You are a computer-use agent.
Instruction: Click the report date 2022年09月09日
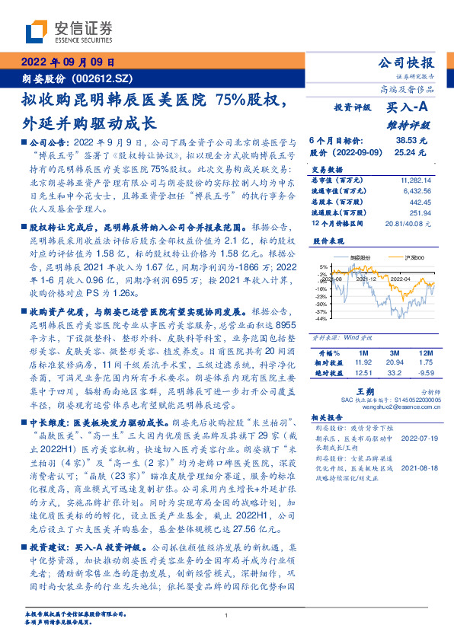click(66, 62)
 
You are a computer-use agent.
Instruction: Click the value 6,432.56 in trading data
click(413, 190)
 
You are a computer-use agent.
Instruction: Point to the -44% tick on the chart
click(321, 319)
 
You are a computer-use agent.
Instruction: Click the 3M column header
click(395, 353)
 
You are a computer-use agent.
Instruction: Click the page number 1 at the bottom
click(226, 615)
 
